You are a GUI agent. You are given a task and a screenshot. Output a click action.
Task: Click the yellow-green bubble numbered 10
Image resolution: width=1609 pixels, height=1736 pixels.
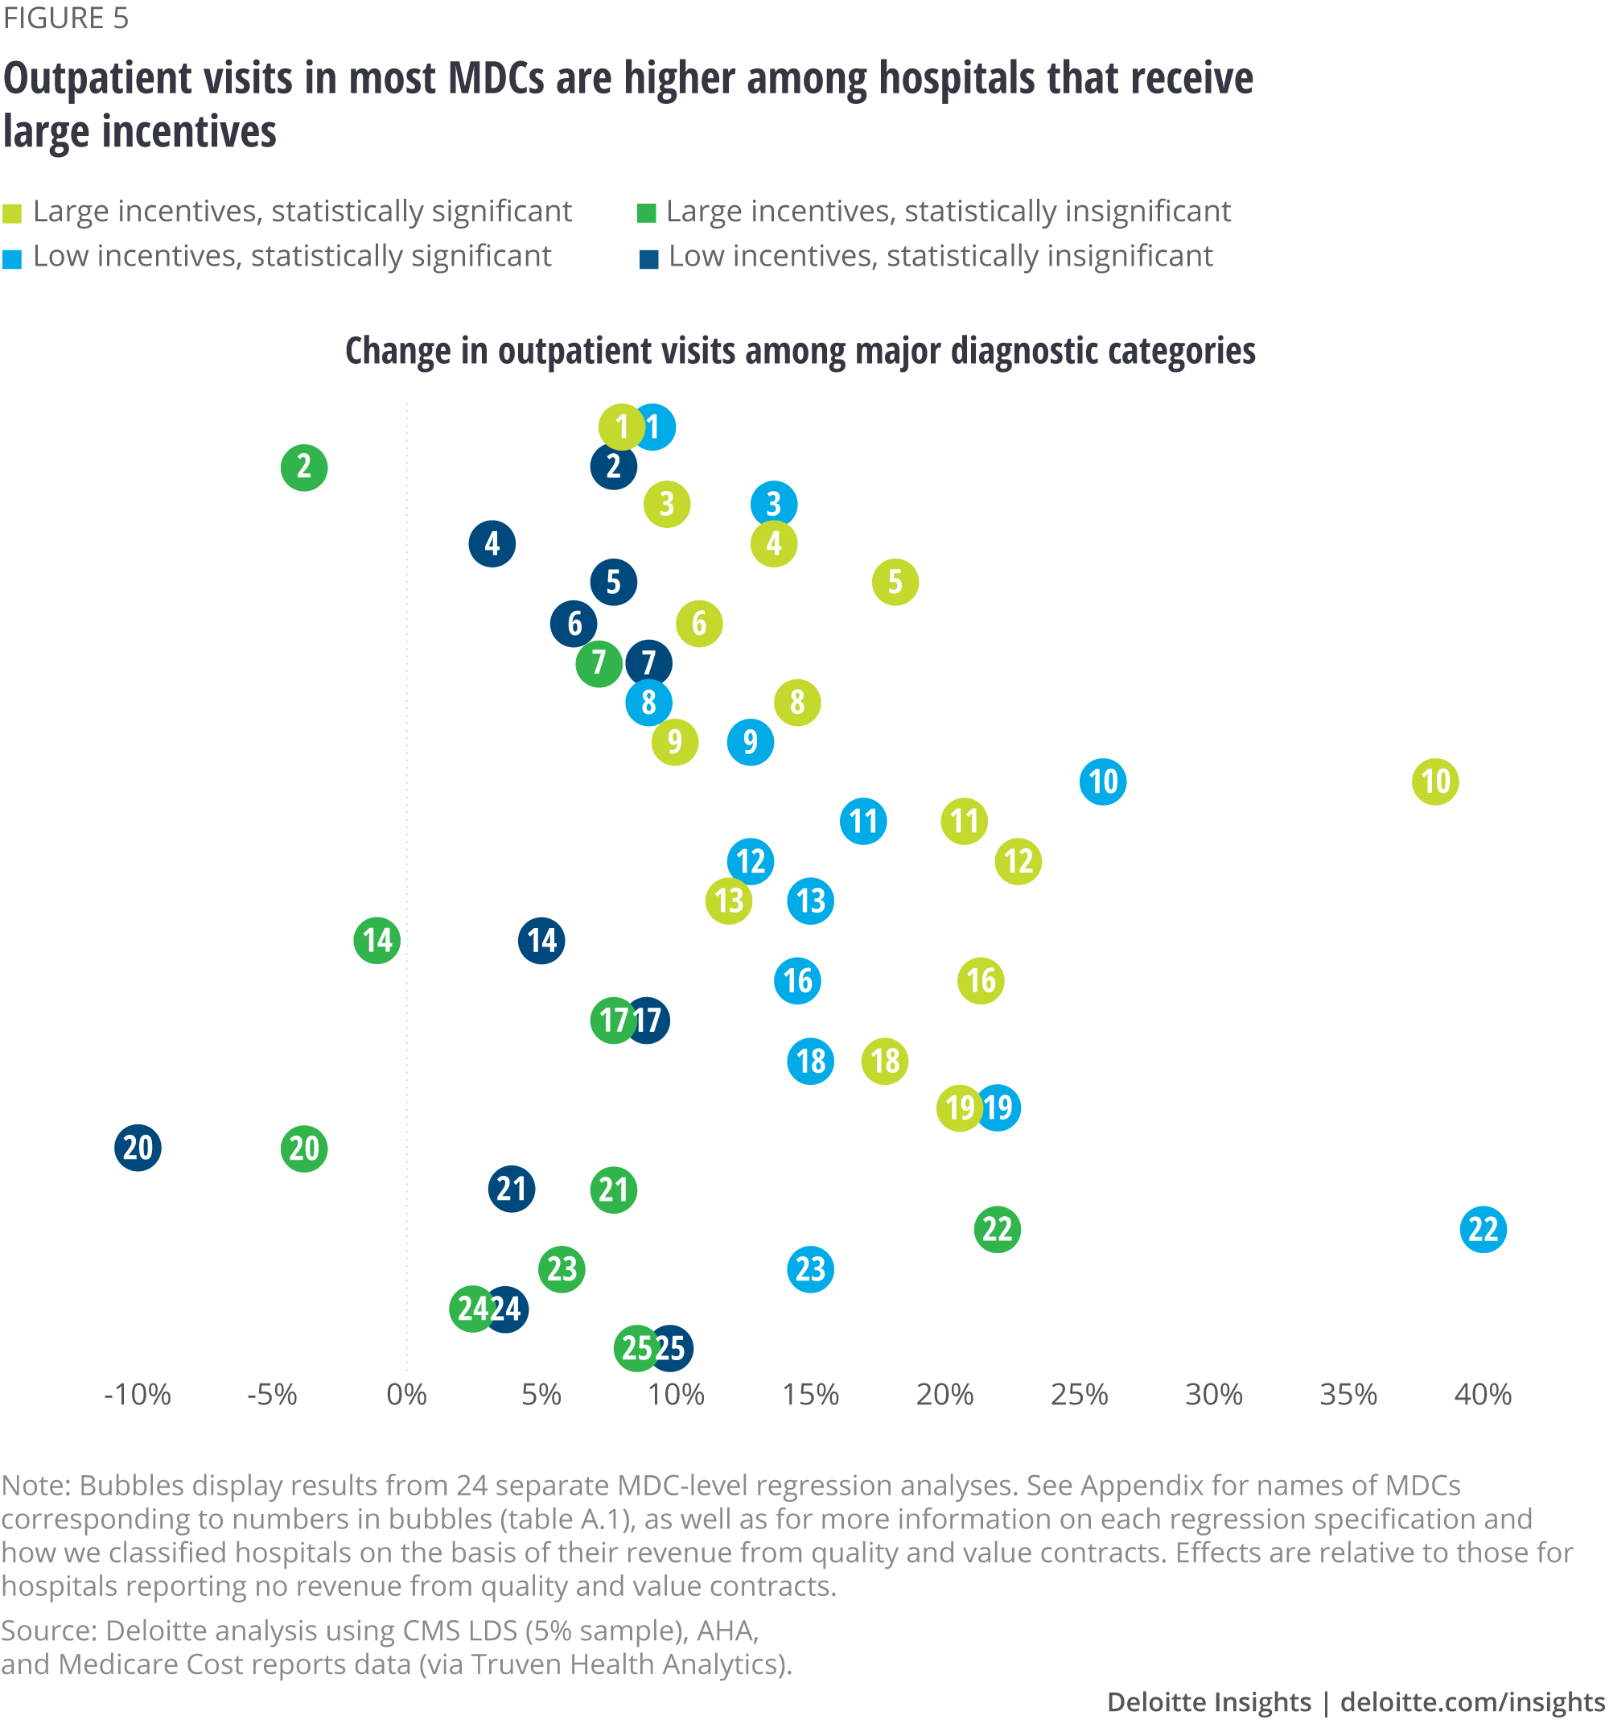(x=1435, y=781)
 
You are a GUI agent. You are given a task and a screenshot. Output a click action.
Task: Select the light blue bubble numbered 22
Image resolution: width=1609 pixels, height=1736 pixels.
(x=1483, y=1229)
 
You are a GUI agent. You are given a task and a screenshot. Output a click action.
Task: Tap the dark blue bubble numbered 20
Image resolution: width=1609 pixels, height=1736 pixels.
(x=138, y=1147)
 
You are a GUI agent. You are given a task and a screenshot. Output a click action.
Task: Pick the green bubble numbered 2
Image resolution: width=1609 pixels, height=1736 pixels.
(x=304, y=468)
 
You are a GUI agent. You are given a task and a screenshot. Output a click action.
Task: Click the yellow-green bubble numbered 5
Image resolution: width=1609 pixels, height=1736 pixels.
(x=895, y=582)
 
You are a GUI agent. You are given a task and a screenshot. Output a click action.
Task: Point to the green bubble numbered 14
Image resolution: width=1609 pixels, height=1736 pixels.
(x=377, y=941)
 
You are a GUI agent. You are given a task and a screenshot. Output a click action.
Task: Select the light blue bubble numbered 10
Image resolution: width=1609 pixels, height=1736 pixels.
(x=1102, y=781)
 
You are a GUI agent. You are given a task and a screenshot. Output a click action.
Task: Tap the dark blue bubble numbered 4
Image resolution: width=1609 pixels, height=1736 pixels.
(x=492, y=543)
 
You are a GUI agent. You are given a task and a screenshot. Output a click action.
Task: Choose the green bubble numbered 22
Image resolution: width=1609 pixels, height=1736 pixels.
(x=997, y=1229)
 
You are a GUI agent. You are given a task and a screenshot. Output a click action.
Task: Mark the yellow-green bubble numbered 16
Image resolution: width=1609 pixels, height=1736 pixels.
(x=981, y=981)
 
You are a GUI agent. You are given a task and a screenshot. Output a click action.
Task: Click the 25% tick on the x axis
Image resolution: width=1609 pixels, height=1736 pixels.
(x=1079, y=1395)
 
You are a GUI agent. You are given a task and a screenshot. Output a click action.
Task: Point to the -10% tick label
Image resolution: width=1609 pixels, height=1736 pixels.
(x=138, y=1395)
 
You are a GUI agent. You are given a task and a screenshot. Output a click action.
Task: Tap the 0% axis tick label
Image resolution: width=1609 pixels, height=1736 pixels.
(x=406, y=1395)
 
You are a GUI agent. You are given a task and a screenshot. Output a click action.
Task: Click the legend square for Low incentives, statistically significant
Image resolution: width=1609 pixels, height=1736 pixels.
(x=12, y=258)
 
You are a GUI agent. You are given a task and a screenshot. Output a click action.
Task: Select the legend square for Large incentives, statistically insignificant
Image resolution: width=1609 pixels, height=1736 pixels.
(x=646, y=213)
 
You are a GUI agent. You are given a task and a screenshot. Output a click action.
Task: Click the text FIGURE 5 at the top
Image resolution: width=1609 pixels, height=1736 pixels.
(x=65, y=19)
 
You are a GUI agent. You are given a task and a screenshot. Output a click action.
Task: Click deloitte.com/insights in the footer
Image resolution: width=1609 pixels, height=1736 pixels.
(x=1472, y=1701)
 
